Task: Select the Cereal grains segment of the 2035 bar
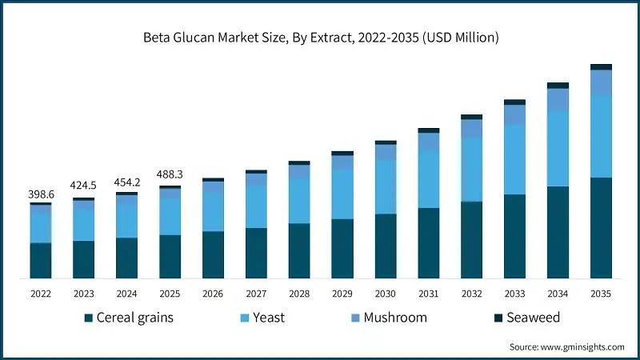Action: [x=601, y=228]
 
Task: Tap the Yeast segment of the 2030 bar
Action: [x=386, y=186]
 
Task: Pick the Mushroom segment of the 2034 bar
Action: [x=558, y=99]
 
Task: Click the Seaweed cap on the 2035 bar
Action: [x=601, y=67]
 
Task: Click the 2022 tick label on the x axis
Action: [x=40, y=294]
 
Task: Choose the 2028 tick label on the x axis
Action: [x=299, y=294]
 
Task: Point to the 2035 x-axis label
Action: [x=601, y=294]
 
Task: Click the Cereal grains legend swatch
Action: [x=89, y=318]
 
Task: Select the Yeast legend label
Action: [x=268, y=318]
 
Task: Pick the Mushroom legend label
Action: [x=395, y=318]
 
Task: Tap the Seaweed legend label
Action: [x=533, y=318]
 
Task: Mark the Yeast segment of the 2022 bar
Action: [x=40, y=228]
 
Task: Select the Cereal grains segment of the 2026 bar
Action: [x=213, y=254]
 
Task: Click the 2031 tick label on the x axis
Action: [x=429, y=294]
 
